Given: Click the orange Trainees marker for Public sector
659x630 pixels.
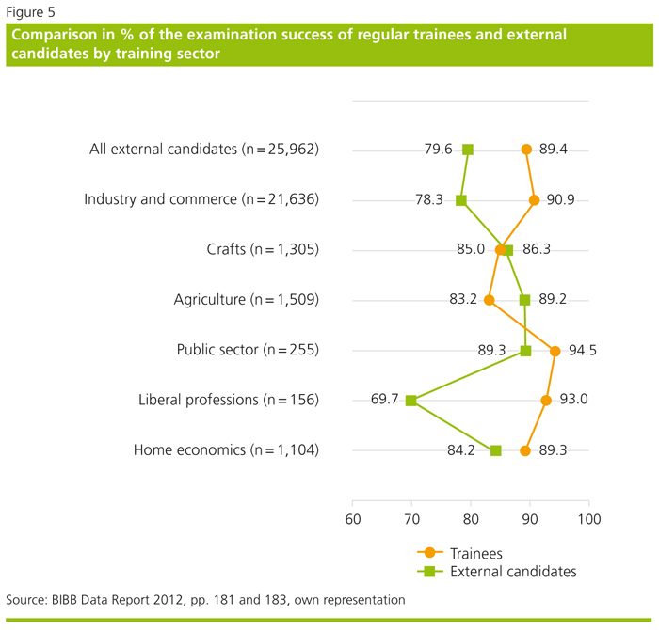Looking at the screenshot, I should pos(555,351).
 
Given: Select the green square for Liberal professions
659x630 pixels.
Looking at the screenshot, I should pos(410,401).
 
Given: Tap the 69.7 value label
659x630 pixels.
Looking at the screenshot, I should pos(385,401).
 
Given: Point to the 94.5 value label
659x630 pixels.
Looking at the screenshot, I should pos(582,351).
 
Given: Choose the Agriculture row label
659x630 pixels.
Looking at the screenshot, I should pos(247,300).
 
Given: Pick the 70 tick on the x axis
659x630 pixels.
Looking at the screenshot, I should pos(411,519).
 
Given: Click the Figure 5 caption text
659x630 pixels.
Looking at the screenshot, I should pos(31,12).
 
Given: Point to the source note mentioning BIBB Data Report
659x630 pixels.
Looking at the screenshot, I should pos(205,599).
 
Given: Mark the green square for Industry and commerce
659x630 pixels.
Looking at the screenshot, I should pos(461,200).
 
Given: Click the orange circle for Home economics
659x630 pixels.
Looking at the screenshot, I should pos(526,450).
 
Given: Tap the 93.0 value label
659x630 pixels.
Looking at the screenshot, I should pos(573,401).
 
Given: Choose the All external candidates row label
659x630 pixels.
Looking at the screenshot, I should pos(204,150).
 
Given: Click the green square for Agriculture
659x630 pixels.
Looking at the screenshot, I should pos(525,300).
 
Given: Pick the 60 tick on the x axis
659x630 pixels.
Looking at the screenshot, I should pos(352,519).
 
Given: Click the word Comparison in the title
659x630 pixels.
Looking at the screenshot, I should pos(59,35).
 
